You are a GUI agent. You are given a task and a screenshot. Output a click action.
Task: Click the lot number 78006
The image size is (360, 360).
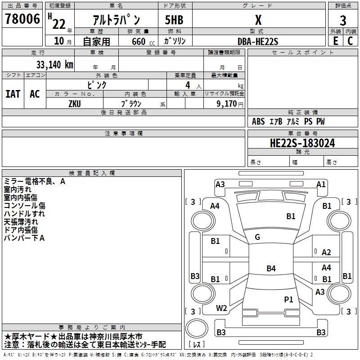click(22, 18)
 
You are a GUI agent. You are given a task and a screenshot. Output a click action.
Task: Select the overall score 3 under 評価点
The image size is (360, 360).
click(343, 20)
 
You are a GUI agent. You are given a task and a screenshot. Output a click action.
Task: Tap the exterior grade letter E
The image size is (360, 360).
click(335, 41)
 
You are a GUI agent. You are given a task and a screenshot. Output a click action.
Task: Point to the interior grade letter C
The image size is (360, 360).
click(350, 41)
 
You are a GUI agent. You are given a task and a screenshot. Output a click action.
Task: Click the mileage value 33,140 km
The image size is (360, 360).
click(54, 65)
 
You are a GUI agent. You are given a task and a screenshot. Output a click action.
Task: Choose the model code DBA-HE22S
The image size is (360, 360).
click(257, 41)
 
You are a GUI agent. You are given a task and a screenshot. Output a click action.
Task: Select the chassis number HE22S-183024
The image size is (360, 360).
click(302, 143)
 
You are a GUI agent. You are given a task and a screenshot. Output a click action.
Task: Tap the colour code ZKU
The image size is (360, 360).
click(75, 104)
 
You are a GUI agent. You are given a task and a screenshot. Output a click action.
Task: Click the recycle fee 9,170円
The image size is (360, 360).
click(230, 104)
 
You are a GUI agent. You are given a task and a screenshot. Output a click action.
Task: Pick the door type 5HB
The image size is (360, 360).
click(174, 20)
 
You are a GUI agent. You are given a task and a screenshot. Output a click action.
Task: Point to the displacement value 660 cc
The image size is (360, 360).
click(143, 41)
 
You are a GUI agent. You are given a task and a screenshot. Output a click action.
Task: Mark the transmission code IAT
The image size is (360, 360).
click(13, 94)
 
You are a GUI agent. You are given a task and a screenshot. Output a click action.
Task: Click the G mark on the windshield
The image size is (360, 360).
click(257, 237)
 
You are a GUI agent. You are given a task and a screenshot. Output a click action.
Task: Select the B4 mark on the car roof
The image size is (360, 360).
click(271, 268)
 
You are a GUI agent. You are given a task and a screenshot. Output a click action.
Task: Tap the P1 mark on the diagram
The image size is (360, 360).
click(288, 299)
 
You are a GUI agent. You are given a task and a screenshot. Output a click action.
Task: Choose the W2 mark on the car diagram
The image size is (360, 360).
click(221, 308)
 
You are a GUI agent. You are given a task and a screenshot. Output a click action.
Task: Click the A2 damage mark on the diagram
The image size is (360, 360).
click(326, 252)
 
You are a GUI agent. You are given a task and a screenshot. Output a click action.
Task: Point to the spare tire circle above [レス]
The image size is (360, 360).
click(197, 328)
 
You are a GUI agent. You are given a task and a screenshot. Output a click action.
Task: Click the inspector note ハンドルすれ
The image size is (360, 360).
click(24, 214)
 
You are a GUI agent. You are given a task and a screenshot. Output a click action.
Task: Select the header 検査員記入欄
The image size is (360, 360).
click(92, 173)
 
